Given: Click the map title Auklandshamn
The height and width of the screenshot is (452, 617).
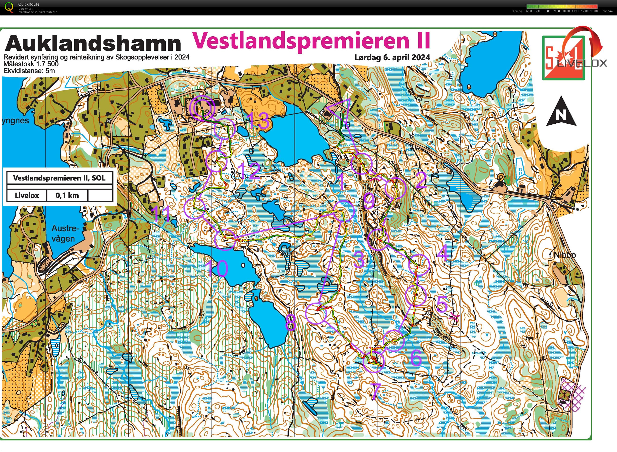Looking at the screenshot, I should [x=93, y=43].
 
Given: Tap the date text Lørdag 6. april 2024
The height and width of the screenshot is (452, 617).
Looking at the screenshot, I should [x=392, y=58].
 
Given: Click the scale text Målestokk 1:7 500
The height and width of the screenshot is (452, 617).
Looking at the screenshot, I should [x=31, y=64].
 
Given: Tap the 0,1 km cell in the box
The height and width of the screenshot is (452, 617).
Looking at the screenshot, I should [x=67, y=195].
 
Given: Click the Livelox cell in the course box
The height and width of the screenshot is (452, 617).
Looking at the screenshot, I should [x=27, y=195].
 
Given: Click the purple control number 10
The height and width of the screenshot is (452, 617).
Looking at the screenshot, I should [x=217, y=268].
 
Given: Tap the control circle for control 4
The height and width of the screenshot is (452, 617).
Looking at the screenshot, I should [x=419, y=265].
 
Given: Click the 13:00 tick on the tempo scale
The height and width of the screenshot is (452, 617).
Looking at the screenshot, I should [x=594, y=11].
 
